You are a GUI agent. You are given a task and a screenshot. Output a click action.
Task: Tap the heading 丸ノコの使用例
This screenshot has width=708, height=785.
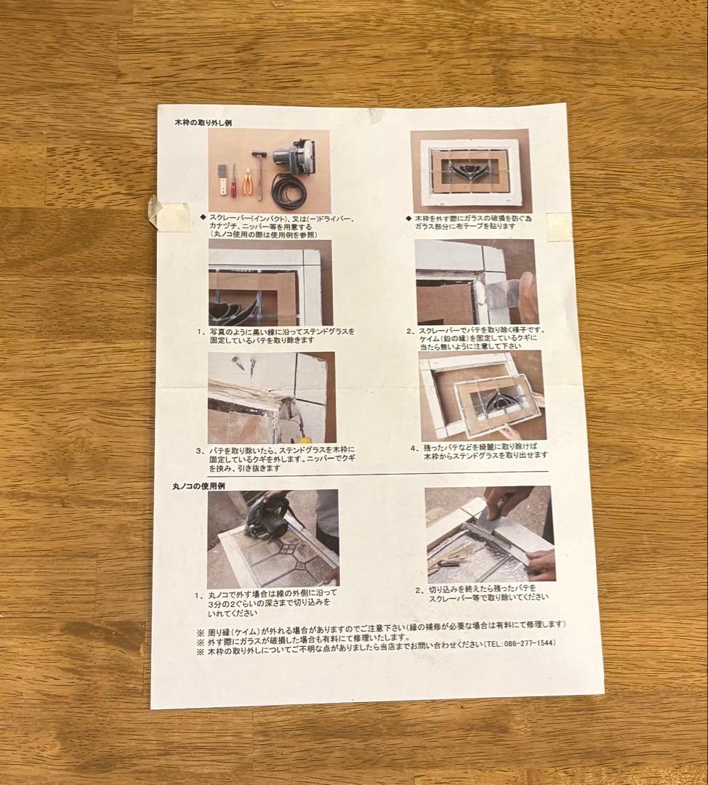tap(191, 484)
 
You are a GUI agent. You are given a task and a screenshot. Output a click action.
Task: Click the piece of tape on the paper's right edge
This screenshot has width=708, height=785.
tap(558, 227)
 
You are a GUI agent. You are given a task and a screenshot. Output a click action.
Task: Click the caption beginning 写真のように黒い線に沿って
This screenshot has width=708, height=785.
tap(280, 335)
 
